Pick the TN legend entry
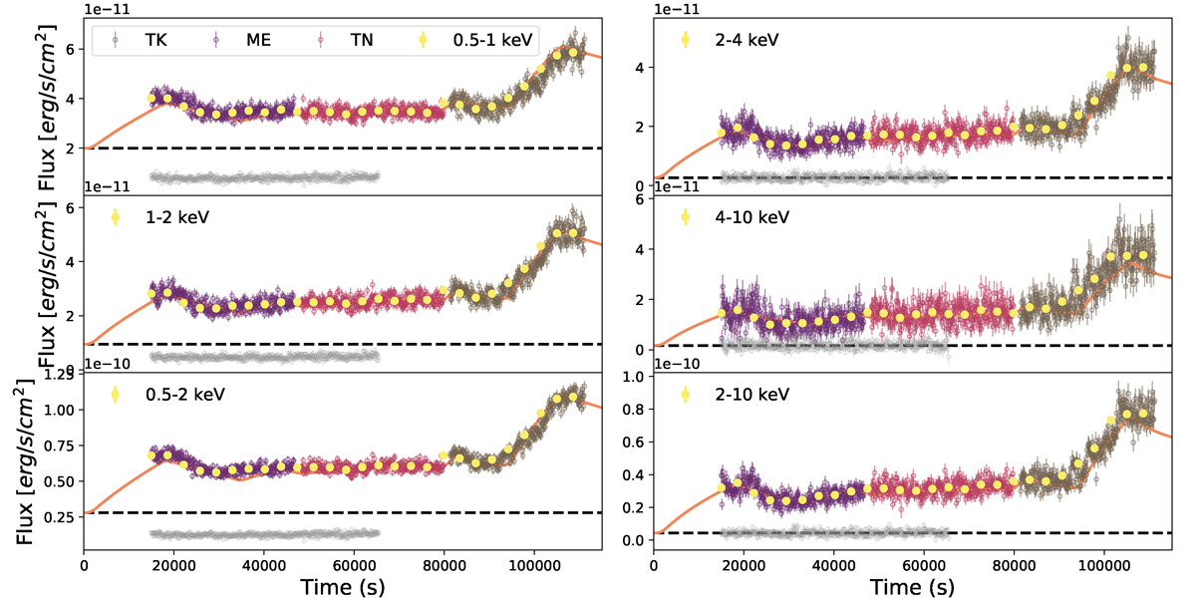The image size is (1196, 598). [346, 41]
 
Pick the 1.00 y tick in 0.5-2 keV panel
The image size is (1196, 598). [61, 410]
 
